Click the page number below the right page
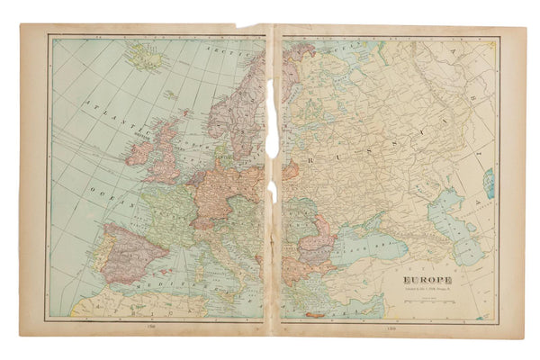tap(389, 330)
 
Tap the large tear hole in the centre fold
tap(272, 117)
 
